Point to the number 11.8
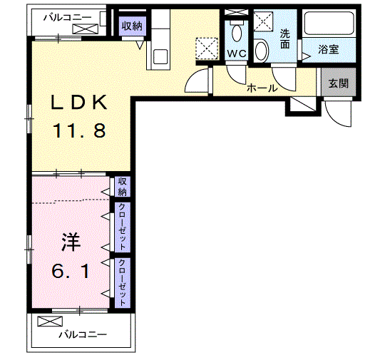click(78, 132)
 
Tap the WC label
click(236, 53)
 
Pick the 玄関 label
click(339, 83)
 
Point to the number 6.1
click(70, 271)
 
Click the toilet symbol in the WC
click(236, 31)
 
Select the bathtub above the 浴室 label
click(330, 25)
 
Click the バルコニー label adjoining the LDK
click(66, 15)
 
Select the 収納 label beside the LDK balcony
click(132, 26)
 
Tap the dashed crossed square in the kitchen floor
click(209, 49)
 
